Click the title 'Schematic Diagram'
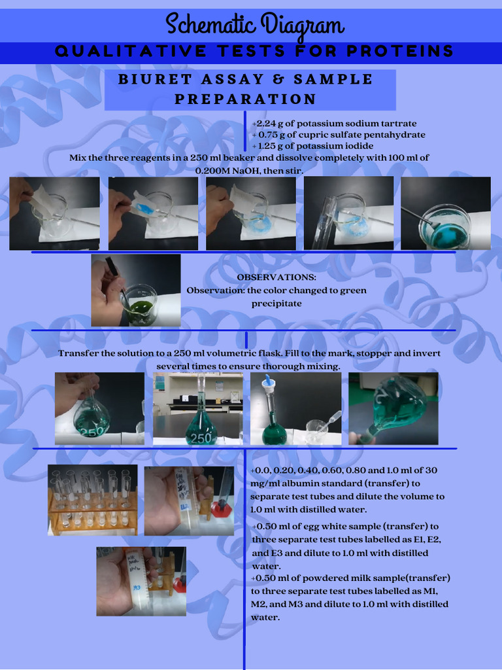(x=254, y=26)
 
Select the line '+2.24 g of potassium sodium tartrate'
(x=334, y=123)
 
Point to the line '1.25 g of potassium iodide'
(x=316, y=146)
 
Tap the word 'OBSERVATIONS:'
(x=276, y=277)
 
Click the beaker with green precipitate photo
(x=136, y=291)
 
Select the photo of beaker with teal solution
(x=446, y=213)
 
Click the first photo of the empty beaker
(x=54, y=213)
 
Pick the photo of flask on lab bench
(x=198, y=409)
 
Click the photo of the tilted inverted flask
(x=393, y=409)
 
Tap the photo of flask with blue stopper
(x=295, y=409)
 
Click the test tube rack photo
(x=93, y=501)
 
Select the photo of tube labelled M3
(x=141, y=581)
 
